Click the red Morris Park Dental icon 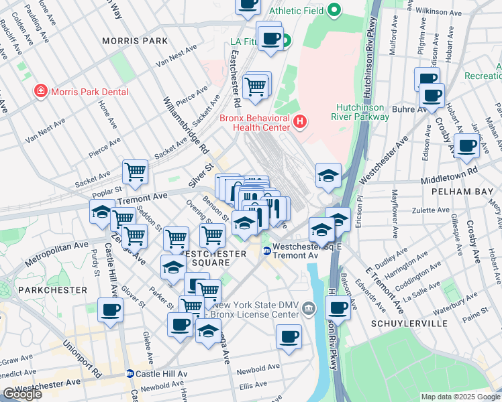point(41,90)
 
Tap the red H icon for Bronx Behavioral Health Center point(300,121)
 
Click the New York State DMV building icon point(308,308)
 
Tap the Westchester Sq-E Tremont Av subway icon point(266,251)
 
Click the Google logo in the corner point(22,394)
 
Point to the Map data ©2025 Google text point(460,397)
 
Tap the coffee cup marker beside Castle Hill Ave point(111,310)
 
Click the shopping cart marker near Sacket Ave point(136,172)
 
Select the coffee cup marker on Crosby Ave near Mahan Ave point(466,145)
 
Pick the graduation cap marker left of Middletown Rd point(328,176)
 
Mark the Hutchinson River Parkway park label point(363,112)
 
